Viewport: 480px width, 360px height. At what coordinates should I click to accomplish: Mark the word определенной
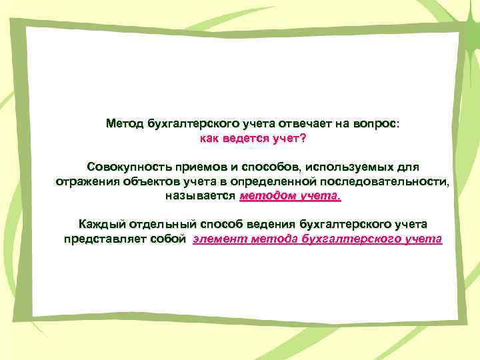tap(281, 181)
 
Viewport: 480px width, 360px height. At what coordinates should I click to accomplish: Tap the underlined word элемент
tap(219, 239)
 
